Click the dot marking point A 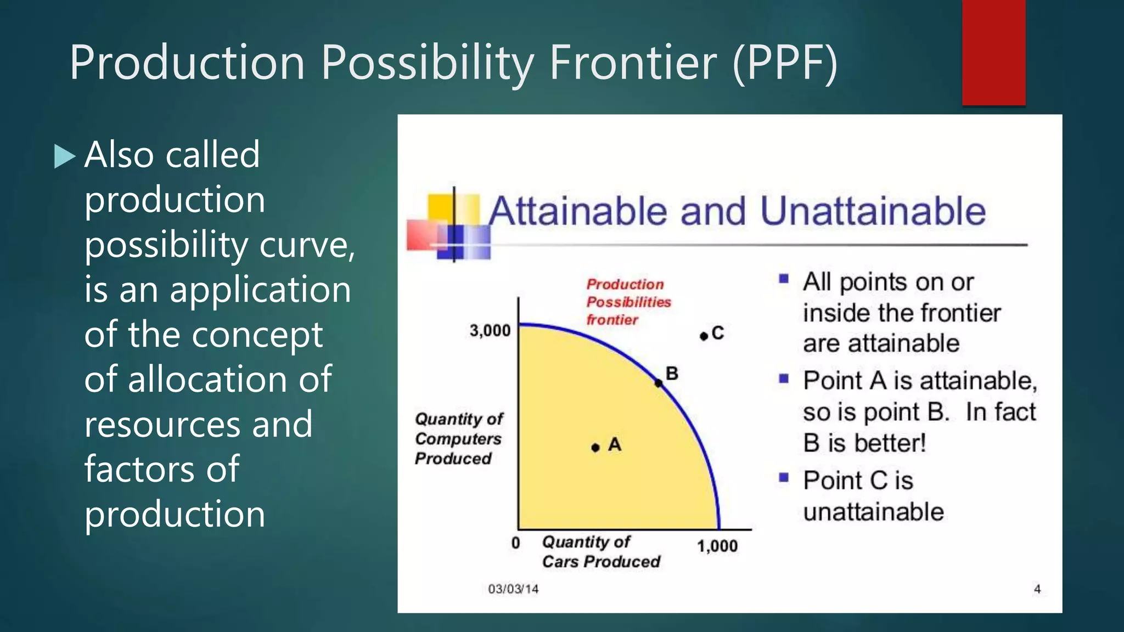(595, 448)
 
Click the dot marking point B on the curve (659, 383)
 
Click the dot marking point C (704, 336)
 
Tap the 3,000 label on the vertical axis (490, 331)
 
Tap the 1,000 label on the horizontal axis (717, 546)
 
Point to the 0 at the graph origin (515, 543)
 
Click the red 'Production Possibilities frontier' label (628, 302)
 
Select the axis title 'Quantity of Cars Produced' (601, 552)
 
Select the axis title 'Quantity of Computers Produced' (458, 438)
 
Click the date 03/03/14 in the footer (513, 589)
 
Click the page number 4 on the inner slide (1037, 589)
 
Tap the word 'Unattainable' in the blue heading (873, 211)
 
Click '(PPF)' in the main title (785, 63)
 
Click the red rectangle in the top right (993, 52)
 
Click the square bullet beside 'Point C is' (784, 477)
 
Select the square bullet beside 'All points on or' (784, 279)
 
